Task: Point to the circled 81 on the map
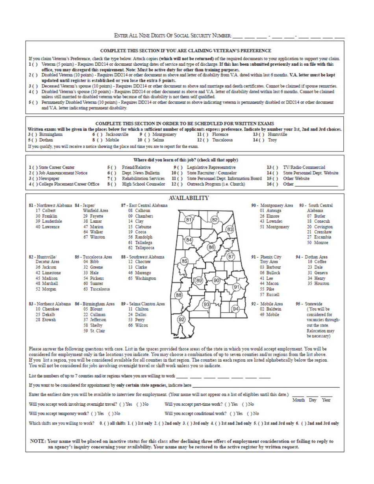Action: tap(189, 220)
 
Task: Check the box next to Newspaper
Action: tap(33, 178)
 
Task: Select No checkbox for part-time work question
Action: tap(246, 404)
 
